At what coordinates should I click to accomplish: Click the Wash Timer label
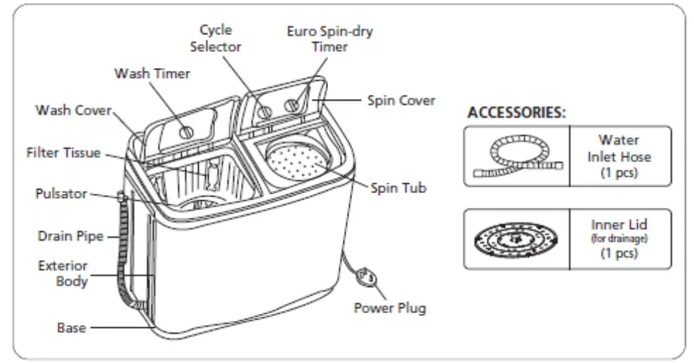152,73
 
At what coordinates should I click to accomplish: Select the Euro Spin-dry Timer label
329,39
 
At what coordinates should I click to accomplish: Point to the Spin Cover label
401,100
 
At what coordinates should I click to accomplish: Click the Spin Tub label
399,188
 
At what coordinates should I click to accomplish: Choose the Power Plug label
389,308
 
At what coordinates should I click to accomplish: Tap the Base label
71,327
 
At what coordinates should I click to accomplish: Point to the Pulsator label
61,194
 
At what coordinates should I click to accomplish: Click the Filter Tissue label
63,152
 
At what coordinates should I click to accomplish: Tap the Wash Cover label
74,111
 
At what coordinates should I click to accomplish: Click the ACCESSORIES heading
517,112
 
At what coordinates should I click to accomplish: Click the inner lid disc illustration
516,239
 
